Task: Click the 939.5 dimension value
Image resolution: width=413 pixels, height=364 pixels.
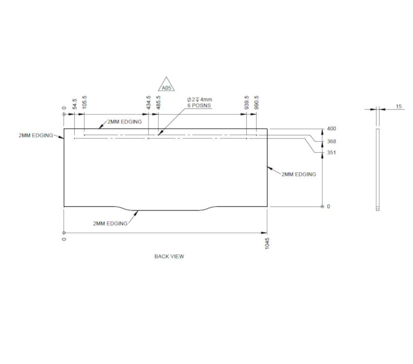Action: pos(247,103)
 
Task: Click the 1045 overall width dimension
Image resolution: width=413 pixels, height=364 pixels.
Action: pos(267,243)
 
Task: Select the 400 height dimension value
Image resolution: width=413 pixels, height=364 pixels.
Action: pos(331,129)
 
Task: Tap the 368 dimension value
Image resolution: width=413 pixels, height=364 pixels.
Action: pos(331,141)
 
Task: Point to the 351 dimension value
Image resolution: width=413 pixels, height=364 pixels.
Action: pos(331,152)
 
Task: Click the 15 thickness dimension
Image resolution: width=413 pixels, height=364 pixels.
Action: pos(398,106)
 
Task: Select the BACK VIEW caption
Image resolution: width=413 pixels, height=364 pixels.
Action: pos(169,256)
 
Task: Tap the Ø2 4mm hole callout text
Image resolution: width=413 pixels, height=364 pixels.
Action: pos(200,100)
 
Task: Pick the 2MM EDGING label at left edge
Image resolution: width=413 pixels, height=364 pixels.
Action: pos(35,135)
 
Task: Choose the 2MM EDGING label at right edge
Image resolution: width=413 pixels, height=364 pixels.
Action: pos(298,174)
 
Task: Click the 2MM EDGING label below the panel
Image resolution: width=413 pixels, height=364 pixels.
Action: pos(110,224)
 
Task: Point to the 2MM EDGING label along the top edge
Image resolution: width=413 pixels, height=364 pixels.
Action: pos(124,121)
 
